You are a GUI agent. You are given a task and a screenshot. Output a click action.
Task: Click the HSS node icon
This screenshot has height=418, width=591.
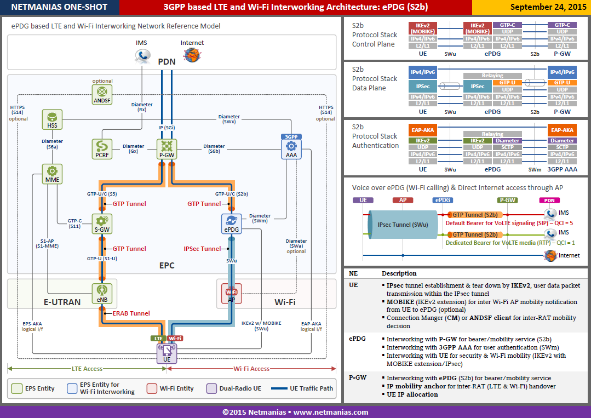pos(52,120)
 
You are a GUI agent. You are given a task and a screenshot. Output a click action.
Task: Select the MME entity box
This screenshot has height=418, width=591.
pos(52,174)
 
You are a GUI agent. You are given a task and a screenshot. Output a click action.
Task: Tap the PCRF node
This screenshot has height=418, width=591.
pos(102,149)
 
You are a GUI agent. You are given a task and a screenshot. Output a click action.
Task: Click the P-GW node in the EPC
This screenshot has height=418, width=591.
pos(167,149)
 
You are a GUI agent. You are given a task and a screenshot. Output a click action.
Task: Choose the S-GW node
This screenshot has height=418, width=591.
pos(102,224)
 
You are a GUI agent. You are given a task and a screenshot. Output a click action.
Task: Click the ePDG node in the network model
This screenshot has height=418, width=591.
pos(232,224)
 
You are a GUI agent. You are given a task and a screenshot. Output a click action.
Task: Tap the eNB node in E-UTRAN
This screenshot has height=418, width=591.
pos(102,294)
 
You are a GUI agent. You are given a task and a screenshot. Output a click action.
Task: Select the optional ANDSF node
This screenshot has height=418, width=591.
pos(102,94)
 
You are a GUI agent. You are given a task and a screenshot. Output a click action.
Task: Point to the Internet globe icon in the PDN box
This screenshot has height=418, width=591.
pos(192,55)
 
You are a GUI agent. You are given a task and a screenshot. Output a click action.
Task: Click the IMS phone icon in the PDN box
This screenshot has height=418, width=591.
pos(142,56)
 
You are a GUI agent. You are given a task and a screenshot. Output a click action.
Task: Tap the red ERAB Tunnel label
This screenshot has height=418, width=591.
pos(131,313)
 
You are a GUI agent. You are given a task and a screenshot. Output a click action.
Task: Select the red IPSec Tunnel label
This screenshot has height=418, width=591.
pos(203,249)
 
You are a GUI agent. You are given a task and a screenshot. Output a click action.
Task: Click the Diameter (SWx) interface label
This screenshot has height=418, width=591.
pos(229,119)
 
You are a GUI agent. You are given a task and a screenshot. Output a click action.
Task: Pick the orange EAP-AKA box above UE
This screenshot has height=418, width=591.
pos(422,130)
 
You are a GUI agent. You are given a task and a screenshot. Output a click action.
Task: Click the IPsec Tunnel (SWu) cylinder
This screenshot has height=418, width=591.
pos(403,225)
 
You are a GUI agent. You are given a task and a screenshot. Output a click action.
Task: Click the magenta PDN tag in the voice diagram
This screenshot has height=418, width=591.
pos(549,201)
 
